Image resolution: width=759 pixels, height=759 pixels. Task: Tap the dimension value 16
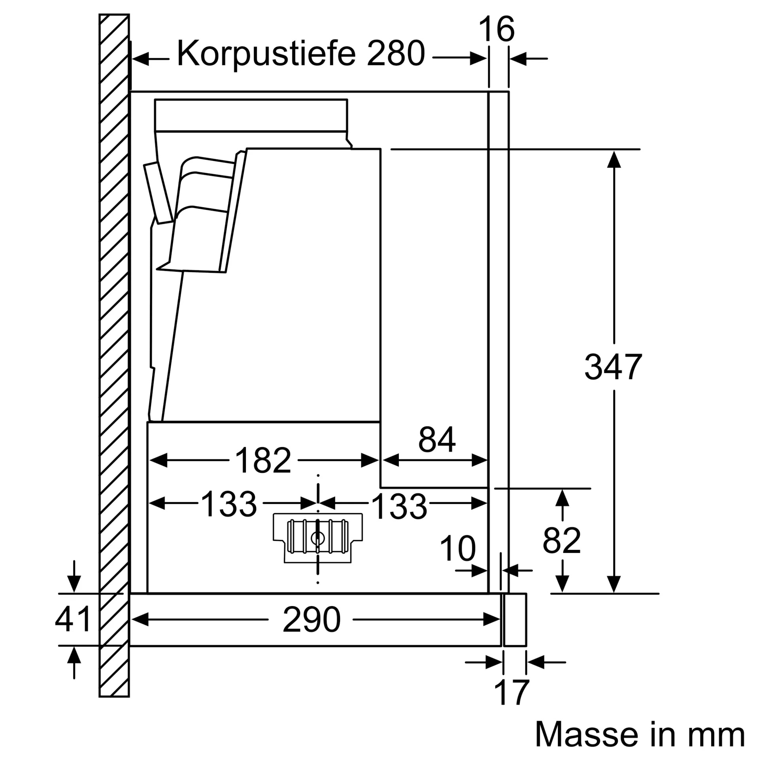pos(497,29)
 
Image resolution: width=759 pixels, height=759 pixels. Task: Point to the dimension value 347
pos(613,367)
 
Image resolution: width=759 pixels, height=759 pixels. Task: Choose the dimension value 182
pos(263,460)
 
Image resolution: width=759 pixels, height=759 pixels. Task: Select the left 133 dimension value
pos(229,504)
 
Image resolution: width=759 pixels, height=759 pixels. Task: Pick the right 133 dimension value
pos(399,506)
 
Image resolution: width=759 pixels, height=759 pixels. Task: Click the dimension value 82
pos(562,540)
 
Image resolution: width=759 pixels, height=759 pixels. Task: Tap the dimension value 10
pos(458,548)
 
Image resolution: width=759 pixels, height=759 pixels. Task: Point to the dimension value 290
pos(312,619)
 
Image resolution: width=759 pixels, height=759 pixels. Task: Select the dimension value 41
pos(73,619)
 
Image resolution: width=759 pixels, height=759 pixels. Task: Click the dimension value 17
pos(512,692)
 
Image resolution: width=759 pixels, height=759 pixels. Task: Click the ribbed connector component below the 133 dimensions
pos(318,537)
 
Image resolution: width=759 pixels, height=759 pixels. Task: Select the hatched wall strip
pos(114,355)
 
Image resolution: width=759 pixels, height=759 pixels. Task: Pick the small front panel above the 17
pos(515,620)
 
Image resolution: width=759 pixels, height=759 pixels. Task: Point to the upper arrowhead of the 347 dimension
pos(614,160)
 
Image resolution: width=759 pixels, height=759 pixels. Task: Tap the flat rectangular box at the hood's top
pos(251,115)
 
